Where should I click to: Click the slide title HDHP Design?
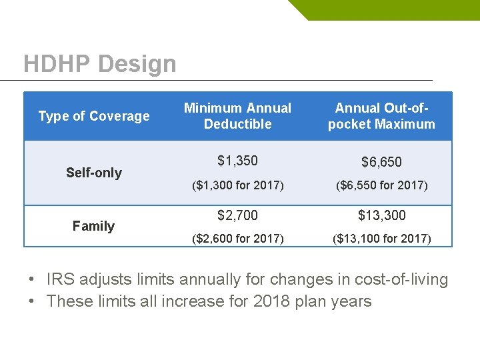(x=100, y=64)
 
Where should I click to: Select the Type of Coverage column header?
(x=94, y=116)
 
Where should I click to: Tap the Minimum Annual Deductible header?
(x=238, y=116)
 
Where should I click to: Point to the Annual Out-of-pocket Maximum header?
(x=381, y=116)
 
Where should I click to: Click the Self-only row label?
(x=94, y=173)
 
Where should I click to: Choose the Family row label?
(x=94, y=226)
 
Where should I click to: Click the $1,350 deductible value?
(x=238, y=161)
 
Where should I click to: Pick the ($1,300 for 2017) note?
(x=238, y=185)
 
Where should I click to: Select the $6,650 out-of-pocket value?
(x=381, y=162)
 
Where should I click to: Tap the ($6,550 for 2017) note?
(x=381, y=185)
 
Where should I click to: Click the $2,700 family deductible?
(x=238, y=215)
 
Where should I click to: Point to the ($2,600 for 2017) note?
(x=238, y=238)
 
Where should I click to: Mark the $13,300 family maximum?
(x=381, y=215)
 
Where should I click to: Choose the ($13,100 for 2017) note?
(x=381, y=238)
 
